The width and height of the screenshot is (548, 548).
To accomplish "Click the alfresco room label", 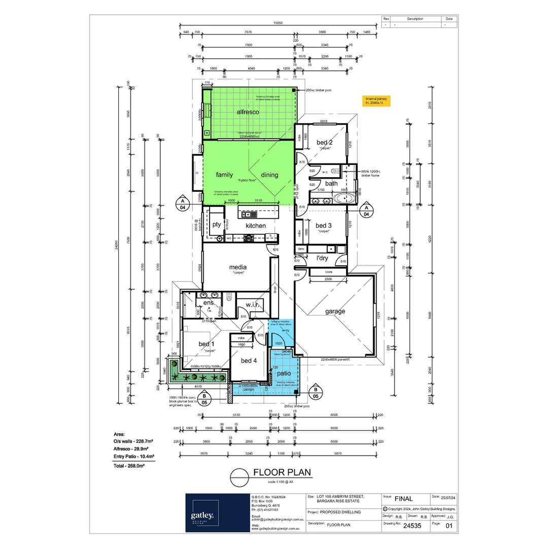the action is click(x=248, y=112).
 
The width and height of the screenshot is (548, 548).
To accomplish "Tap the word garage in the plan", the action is click(x=335, y=311).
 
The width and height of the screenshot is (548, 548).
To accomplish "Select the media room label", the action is click(x=238, y=267).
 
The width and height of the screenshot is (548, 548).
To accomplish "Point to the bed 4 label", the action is click(x=249, y=361).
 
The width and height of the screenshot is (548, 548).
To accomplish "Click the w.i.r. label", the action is click(x=252, y=305).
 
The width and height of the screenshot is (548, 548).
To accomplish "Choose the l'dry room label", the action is click(x=322, y=258).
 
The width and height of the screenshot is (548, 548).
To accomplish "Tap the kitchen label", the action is click(x=256, y=226).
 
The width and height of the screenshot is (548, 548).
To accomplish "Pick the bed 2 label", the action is click(x=324, y=143).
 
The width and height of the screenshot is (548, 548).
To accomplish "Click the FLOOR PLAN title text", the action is click(x=282, y=473).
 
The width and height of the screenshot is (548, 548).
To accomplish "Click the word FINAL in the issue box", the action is click(x=403, y=499).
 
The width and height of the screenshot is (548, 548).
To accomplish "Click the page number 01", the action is click(x=448, y=526).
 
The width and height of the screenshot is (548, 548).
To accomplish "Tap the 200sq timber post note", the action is click(x=319, y=90).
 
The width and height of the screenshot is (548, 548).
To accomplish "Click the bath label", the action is click(x=331, y=184).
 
